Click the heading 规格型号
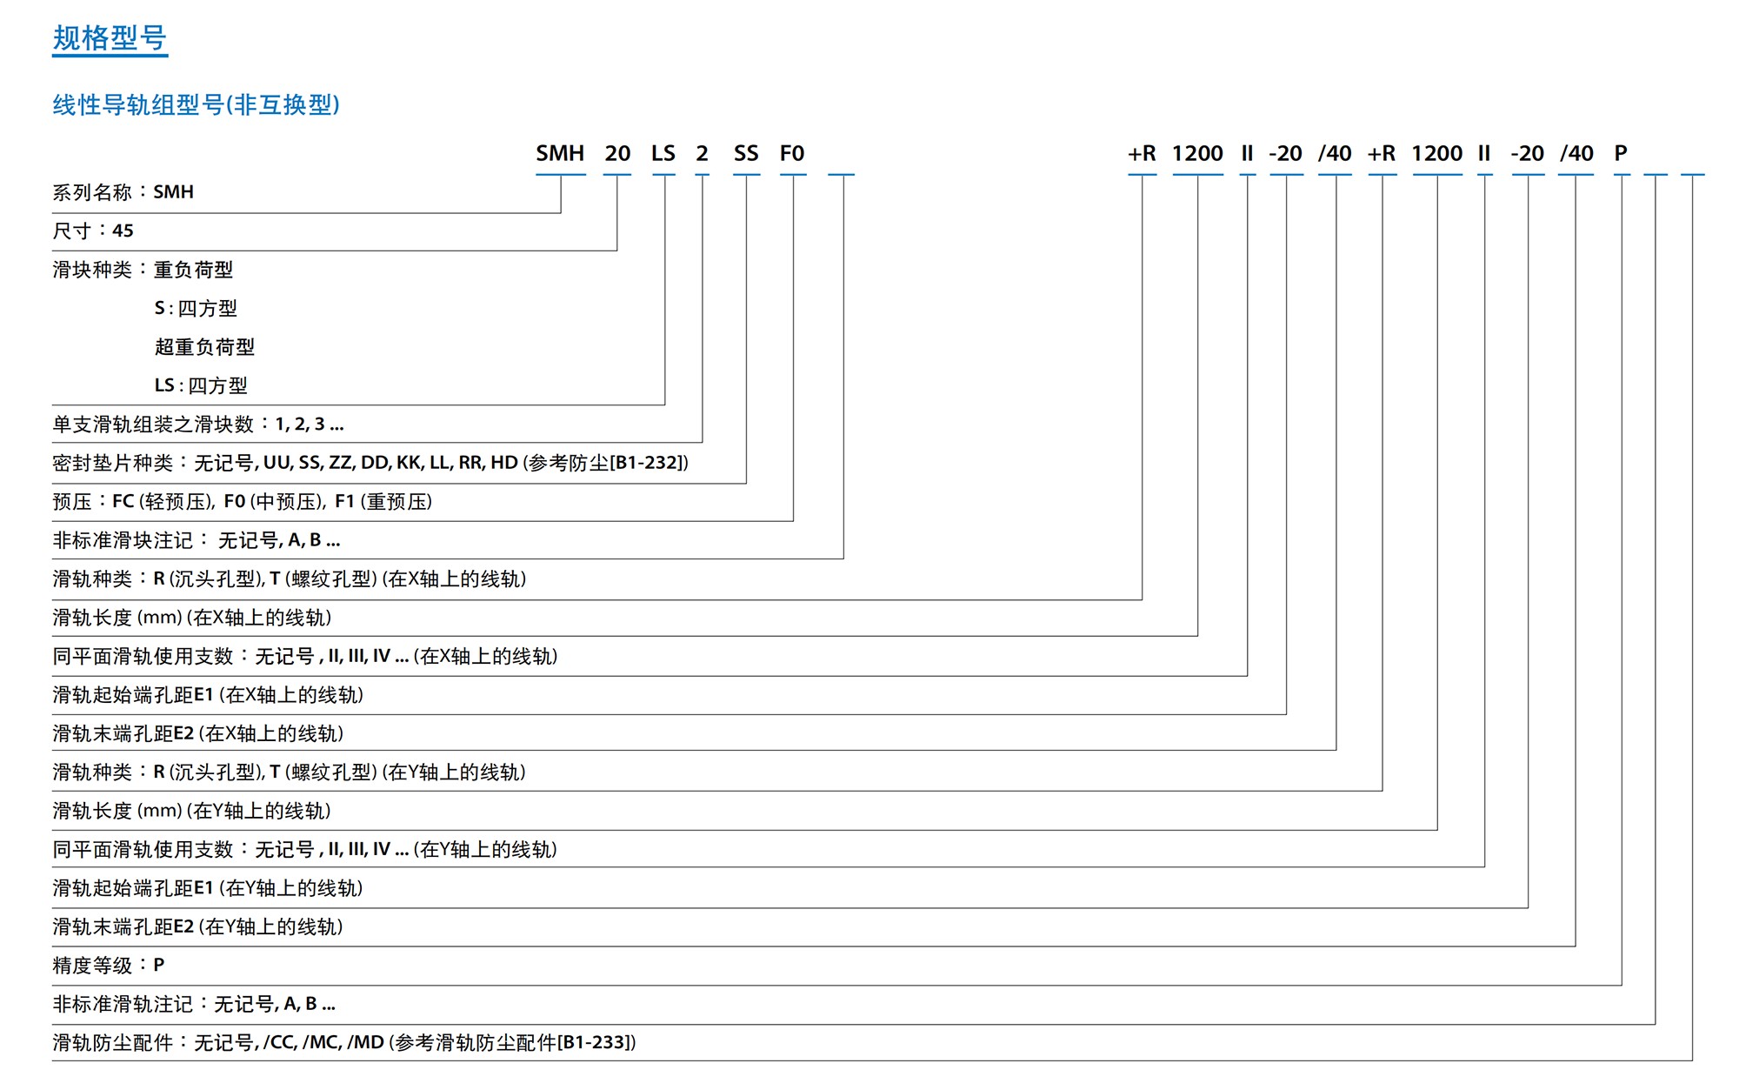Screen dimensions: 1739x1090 click(x=110, y=38)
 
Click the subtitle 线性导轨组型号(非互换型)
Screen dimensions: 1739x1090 click(x=197, y=104)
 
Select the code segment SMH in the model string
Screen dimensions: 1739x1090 click(x=560, y=154)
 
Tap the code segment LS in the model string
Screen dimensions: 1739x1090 click(x=663, y=154)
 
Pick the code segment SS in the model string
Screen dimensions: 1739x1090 click(x=746, y=154)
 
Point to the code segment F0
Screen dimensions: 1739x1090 click(x=792, y=154)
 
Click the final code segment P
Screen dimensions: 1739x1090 click(x=1621, y=154)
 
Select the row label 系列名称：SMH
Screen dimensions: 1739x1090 click(x=123, y=192)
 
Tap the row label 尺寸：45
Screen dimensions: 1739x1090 click(x=93, y=231)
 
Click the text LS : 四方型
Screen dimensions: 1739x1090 click(x=201, y=385)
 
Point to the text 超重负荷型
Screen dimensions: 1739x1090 click(x=204, y=347)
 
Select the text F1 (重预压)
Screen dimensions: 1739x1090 click(x=383, y=502)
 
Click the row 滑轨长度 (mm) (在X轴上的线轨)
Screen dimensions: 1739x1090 click(x=192, y=618)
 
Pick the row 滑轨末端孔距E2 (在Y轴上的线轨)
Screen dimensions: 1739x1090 click(x=198, y=927)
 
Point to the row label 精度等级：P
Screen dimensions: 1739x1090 click(x=109, y=966)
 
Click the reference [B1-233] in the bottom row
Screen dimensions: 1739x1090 click(x=596, y=1043)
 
